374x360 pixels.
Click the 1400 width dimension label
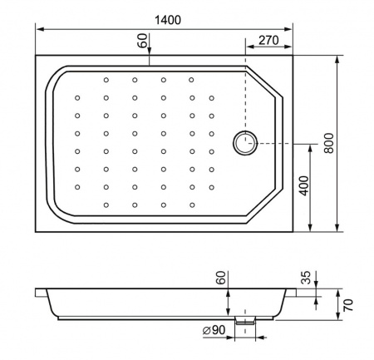pos(168,20)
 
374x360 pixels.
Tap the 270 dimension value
pos(268,40)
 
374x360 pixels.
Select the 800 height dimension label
pos(329,143)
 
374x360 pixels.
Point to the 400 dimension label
pos(304,185)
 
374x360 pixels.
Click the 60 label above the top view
pos(142,41)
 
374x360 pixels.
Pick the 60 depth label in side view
pos(221,278)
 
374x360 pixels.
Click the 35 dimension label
pos(306,278)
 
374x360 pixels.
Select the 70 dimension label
pos(348,305)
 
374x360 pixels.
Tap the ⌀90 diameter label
pos(214,330)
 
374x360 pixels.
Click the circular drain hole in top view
pos(245,143)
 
